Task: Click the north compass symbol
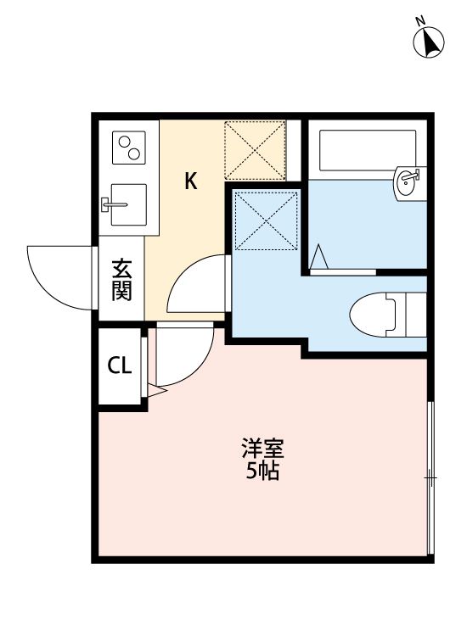429,41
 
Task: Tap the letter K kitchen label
192,181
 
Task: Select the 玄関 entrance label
121,281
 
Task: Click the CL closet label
120,366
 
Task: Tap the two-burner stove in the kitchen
129,149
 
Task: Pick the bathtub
365,151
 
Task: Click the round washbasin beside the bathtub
408,180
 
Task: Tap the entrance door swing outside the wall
59,276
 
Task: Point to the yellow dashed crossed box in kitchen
254,150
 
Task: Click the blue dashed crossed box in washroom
267,220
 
